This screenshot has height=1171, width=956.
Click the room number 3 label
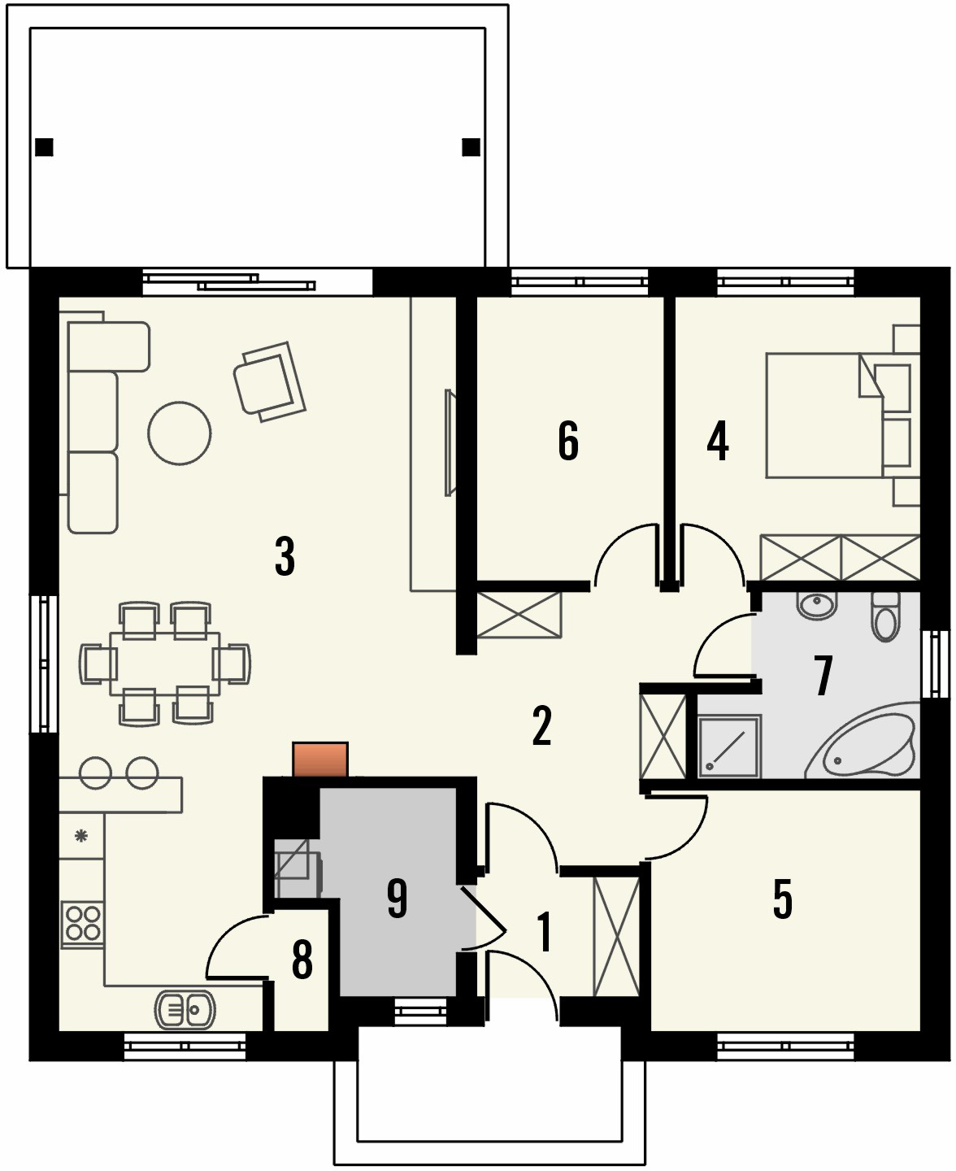pos(285,557)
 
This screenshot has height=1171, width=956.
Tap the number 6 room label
pos(568,441)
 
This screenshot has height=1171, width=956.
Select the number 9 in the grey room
pos(397,899)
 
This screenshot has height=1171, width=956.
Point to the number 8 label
pos(302,960)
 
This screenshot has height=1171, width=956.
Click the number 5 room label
pos(782,899)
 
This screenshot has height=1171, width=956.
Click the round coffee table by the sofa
pos(180,433)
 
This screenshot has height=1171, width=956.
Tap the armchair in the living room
pos(268,381)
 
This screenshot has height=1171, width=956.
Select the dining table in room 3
pos(165,664)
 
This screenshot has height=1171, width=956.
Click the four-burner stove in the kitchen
pos(83,925)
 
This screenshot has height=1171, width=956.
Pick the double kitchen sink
pos(185,1010)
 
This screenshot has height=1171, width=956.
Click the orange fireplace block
pos(320,760)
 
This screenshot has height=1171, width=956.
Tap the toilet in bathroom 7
pos(884,616)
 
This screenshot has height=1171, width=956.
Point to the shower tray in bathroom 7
pos(729,747)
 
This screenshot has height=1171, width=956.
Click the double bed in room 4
pos(825,415)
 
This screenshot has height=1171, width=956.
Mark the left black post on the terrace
pos(45,147)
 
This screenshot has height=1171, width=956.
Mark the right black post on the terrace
pos(471,147)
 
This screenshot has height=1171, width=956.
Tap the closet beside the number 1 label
pos(617,937)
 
